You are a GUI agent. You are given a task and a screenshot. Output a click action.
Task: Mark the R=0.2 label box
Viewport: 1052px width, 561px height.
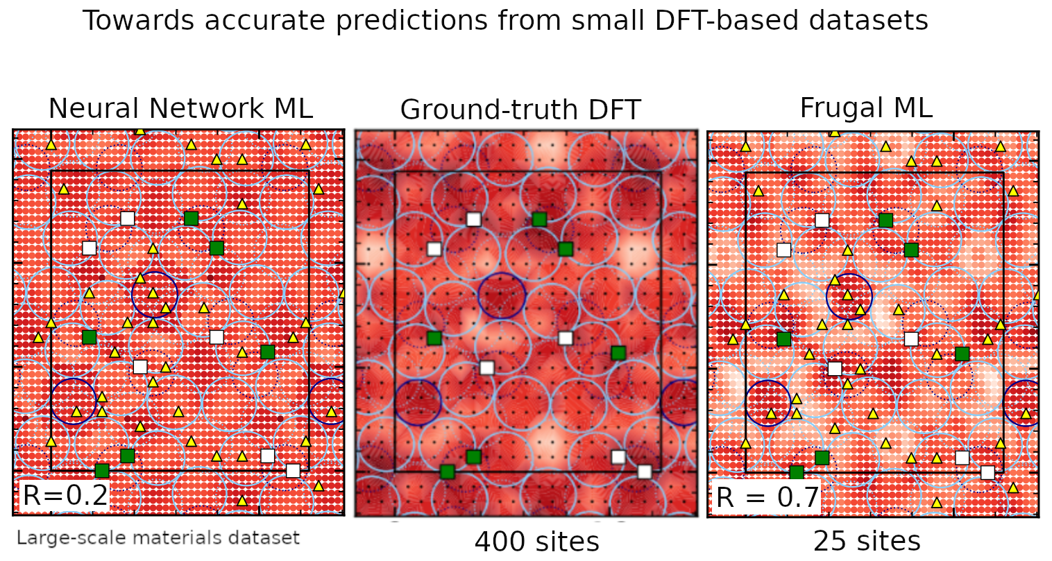[65, 495]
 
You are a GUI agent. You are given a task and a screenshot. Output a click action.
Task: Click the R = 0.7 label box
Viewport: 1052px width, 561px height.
[767, 497]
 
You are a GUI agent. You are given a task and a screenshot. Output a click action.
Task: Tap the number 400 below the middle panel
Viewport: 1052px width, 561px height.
[499, 541]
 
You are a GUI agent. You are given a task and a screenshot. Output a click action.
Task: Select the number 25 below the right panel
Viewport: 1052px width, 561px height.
[829, 541]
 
